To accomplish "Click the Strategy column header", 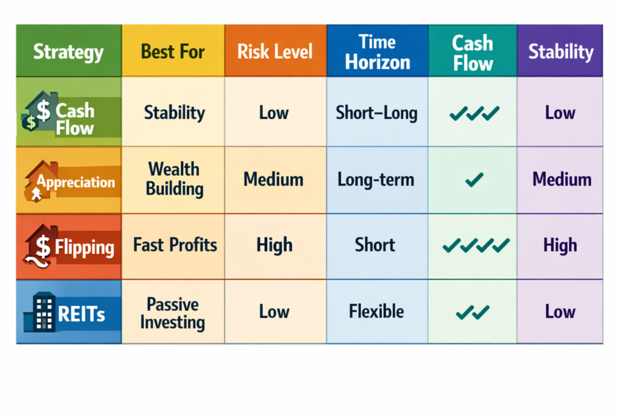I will coord(68,51).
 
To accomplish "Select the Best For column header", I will coord(173,51).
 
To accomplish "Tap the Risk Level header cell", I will coord(275,51).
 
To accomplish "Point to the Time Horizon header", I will coord(377,51).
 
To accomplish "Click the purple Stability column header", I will coord(560,51).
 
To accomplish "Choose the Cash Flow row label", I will coord(75,119).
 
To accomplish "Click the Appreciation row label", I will coord(76,182).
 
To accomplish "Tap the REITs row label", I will coord(81,314).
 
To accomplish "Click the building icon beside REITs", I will coord(39,313).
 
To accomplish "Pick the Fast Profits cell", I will coord(175,245).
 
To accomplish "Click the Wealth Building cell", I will coord(173,178).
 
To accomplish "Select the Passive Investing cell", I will coord(173,313).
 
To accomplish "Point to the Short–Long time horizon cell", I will coord(377,113).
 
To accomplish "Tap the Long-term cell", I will coord(377,180).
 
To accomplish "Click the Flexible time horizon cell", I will coord(376,312).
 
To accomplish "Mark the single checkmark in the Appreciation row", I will coord(475,178).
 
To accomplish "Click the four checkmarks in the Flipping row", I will coord(476,246).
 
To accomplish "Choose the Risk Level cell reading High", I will coord(274,245).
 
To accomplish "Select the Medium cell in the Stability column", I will coord(562,179).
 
